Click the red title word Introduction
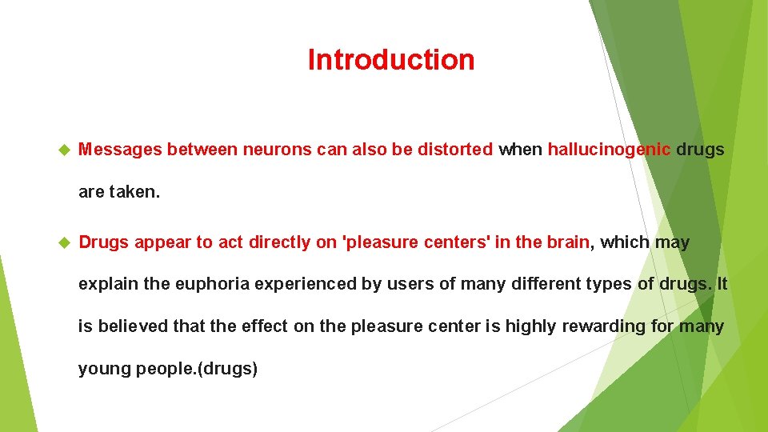pos(390,60)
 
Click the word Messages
pos(120,150)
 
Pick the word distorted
pos(454,150)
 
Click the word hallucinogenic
pos(609,150)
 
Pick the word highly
pos(527,326)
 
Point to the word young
pos(102,369)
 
